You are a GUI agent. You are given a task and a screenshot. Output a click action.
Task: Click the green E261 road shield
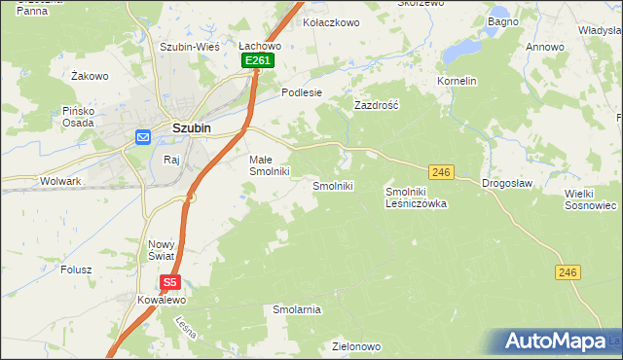pyautogui.click(x=258, y=60)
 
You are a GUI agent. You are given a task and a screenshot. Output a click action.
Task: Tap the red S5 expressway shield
pyautogui.click(x=170, y=282)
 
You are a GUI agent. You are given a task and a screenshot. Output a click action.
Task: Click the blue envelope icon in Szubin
pyautogui.click(x=142, y=137)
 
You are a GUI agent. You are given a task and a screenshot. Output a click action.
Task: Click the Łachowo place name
pyautogui.click(x=260, y=45)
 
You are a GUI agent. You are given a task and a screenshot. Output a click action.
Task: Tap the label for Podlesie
pyautogui.click(x=301, y=92)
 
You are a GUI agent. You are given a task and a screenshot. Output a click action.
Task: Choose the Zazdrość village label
pyautogui.click(x=377, y=104)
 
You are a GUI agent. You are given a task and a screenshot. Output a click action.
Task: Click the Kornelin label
pyautogui.click(x=457, y=81)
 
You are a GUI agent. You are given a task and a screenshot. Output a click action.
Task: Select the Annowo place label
pyautogui.click(x=545, y=47)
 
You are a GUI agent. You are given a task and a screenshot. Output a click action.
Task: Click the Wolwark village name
pyautogui.click(x=60, y=181)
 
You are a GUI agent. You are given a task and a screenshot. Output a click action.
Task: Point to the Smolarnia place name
pyautogui.click(x=297, y=309)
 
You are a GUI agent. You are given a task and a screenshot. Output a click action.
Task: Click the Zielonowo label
pyautogui.click(x=355, y=345)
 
